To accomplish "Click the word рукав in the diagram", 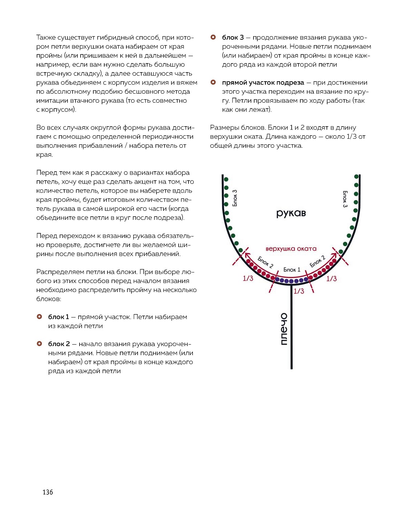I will [x=291, y=213].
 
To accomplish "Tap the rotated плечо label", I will [x=284, y=329].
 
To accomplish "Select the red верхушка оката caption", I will [x=291, y=249].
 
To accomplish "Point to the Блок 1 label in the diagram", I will [x=292, y=270].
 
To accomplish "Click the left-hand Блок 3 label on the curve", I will [x=235, y=198].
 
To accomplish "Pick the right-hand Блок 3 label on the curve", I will [x=345, y=199].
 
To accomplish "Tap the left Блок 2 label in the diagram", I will [x=265, y=262].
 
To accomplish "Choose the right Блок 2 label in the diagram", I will [x=317, y=261].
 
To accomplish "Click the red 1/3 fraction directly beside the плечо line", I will [x=299, y=291].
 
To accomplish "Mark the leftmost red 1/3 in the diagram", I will [x=248, y=279].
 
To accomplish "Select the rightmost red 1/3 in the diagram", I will [x=331, y=279].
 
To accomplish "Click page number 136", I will [x=48, y=492].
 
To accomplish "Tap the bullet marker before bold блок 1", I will [x=40, y=317].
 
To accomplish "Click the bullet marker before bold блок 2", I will [x=40, y=344].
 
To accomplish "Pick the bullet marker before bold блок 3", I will [x=213, y=37].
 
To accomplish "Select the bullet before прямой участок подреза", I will [x=213, y=82].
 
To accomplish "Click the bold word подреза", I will [x=291, y=83].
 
